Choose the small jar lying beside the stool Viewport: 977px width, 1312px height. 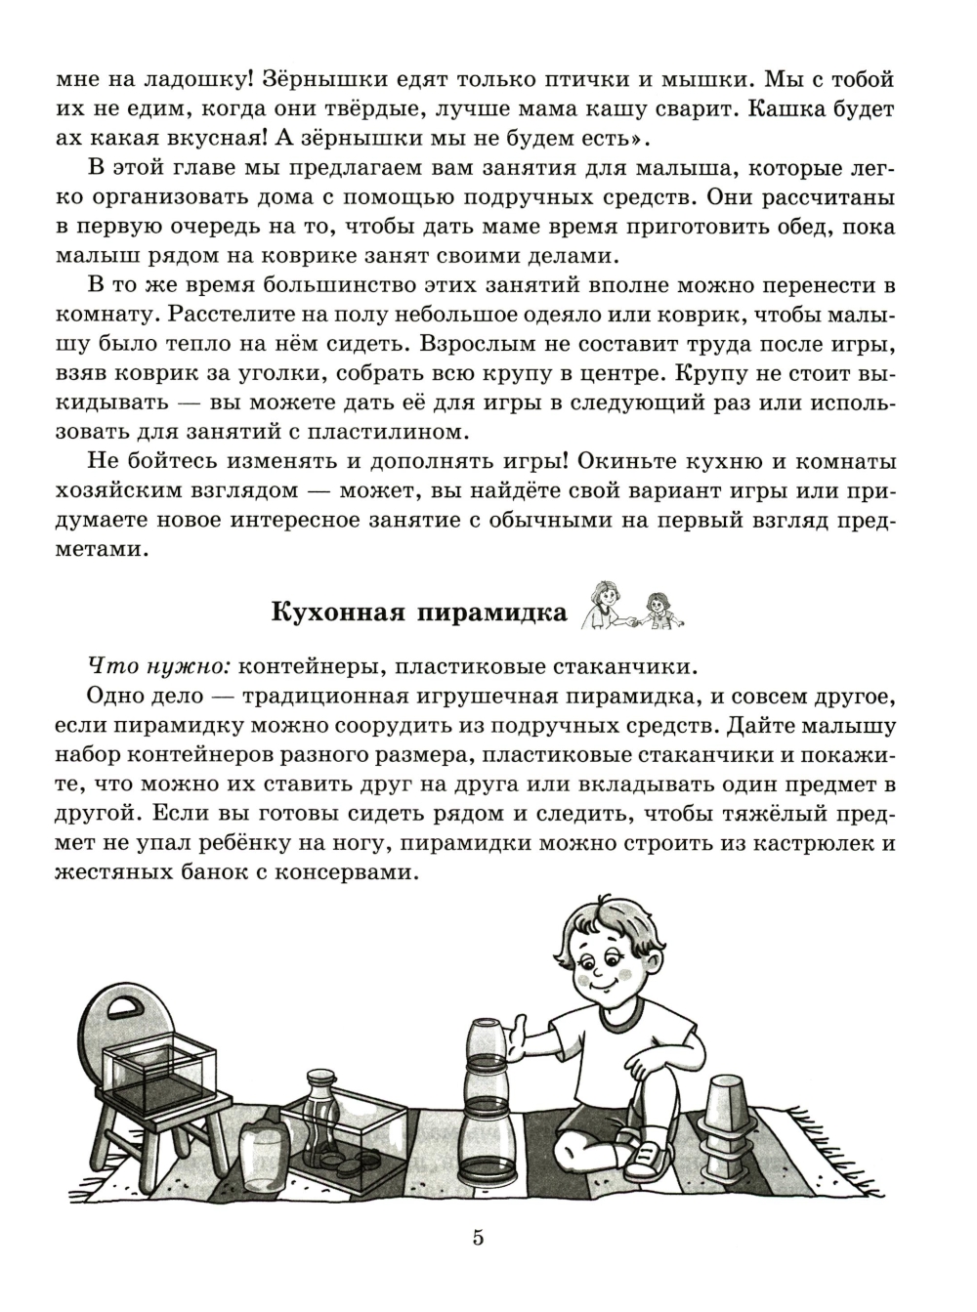(263, 1149)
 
